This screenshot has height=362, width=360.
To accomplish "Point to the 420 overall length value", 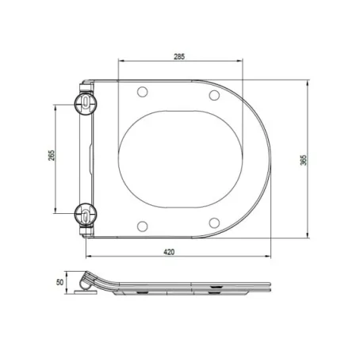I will (x=169, y=251).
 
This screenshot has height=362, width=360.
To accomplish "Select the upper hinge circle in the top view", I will (x=84, y=103).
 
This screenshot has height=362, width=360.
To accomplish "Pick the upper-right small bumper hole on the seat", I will (x=213, y=96).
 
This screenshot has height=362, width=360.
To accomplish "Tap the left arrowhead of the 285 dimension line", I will (x=120, y=62).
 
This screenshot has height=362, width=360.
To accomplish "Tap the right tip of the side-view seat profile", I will (x=274, y=288).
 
